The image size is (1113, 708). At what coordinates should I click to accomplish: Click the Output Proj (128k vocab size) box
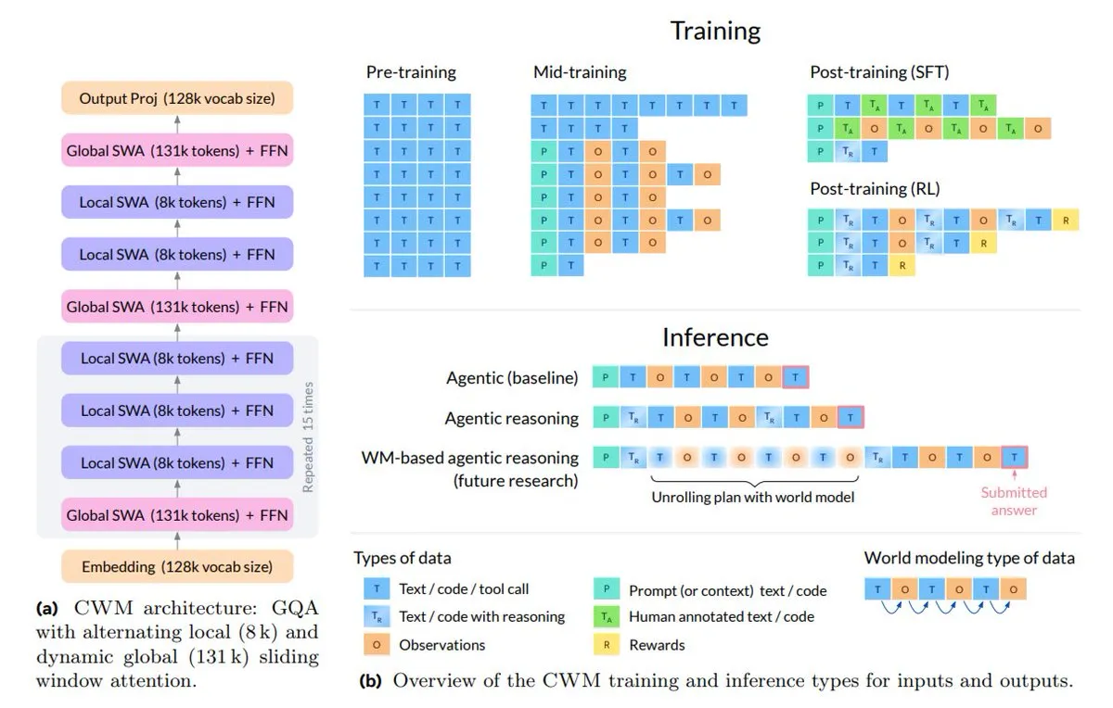coord(177,98)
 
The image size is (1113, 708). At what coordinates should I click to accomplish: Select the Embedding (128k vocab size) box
coord(177,566)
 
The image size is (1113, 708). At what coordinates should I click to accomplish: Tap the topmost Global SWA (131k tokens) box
coord(177,150)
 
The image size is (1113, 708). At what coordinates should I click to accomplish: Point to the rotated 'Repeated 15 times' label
coord(308,436)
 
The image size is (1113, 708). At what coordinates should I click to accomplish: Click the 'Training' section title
coord(715,31)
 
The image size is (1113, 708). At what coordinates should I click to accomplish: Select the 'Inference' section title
coord(715,335)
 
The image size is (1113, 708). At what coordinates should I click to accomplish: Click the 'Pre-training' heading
coord(411,72)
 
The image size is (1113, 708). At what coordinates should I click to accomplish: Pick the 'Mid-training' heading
coord(580,72)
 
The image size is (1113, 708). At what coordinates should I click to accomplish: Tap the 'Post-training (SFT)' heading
coord(879,72)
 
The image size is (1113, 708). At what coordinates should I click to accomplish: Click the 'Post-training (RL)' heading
coord(875,189)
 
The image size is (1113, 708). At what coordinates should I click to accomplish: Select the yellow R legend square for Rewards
coord(606,644)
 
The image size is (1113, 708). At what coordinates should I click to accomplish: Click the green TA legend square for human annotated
coord(606,616)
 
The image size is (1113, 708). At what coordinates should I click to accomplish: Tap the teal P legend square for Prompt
coord(606,589)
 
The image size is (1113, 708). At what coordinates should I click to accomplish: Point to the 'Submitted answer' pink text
coord(1014,501)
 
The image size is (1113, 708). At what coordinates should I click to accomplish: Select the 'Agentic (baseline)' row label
coord(512,378)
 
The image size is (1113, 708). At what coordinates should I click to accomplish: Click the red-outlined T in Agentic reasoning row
coord(851,418)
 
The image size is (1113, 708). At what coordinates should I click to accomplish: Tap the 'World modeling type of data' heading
coord(969,558)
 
